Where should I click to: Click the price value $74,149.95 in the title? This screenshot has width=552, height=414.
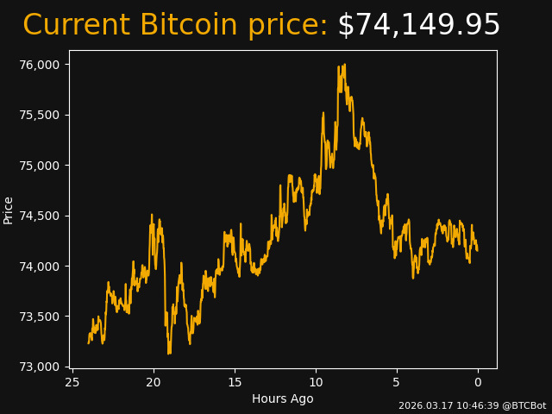pyautogui.click(x=418, y=25)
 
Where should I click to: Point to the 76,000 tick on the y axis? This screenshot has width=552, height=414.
pyautogui.click(x=41, y=65)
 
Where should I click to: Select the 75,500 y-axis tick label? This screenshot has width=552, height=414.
pyautogui.click(x=41, y=115)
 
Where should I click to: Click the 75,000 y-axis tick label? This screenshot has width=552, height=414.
pyautogui.click(x=41, y=166)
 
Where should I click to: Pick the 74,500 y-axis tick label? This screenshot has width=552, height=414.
pyautogui.click(x=41, y=216)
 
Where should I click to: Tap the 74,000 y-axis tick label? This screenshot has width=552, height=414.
pyautogui.click(x=41, y=266)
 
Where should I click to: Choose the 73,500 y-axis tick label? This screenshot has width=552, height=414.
pyautogui.click(x=41, y=317)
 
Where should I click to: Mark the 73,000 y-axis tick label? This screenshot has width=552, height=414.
pyautogui.click(x=41, y=367)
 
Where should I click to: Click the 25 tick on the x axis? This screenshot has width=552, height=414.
pyautogui.click(x=72, y=382)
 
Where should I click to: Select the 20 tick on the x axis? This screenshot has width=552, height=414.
pyautogui.click(x=154, y=382)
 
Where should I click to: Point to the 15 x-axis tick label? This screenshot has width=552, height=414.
pyautogui.click(x=235, y=382)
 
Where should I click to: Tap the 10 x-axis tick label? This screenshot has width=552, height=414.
pyautogui.click(x=316, y=382)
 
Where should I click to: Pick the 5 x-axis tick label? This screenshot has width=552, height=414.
pyautogui.click(x=397, y=382)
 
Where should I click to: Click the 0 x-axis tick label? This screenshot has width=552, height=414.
pyautogui.click(x=478, y=382)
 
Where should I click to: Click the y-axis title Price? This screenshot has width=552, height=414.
pyautogui.click(x=9, y=210)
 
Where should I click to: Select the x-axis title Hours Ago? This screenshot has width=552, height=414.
pyautogui.click(x=282, y=398)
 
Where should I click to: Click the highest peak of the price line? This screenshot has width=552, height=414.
pyautogui.click(x=344, y=65)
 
